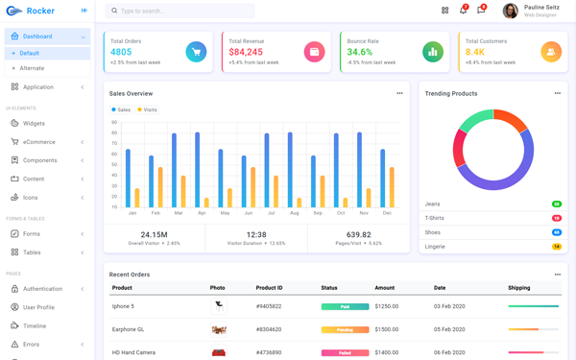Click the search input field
pos(182,11)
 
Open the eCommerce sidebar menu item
pos(39,142)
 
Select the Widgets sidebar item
pos(34,124)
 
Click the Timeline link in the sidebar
pos(35,325)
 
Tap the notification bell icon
pos(463,11)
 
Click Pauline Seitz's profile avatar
pos(510,11)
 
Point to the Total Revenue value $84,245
pos(246,52)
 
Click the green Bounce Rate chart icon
pos(433,52)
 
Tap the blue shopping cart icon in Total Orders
pos(196,52)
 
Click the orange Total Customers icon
pos(551,52)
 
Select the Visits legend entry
pos(148,109)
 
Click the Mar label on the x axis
pos(179,212)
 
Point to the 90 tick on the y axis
pos(114,122)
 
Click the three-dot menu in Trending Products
pos(557,93)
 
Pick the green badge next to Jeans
pos(557,204)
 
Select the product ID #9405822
pos(269,306)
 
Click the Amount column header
pos(384,288)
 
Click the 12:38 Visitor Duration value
pos(256,234)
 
